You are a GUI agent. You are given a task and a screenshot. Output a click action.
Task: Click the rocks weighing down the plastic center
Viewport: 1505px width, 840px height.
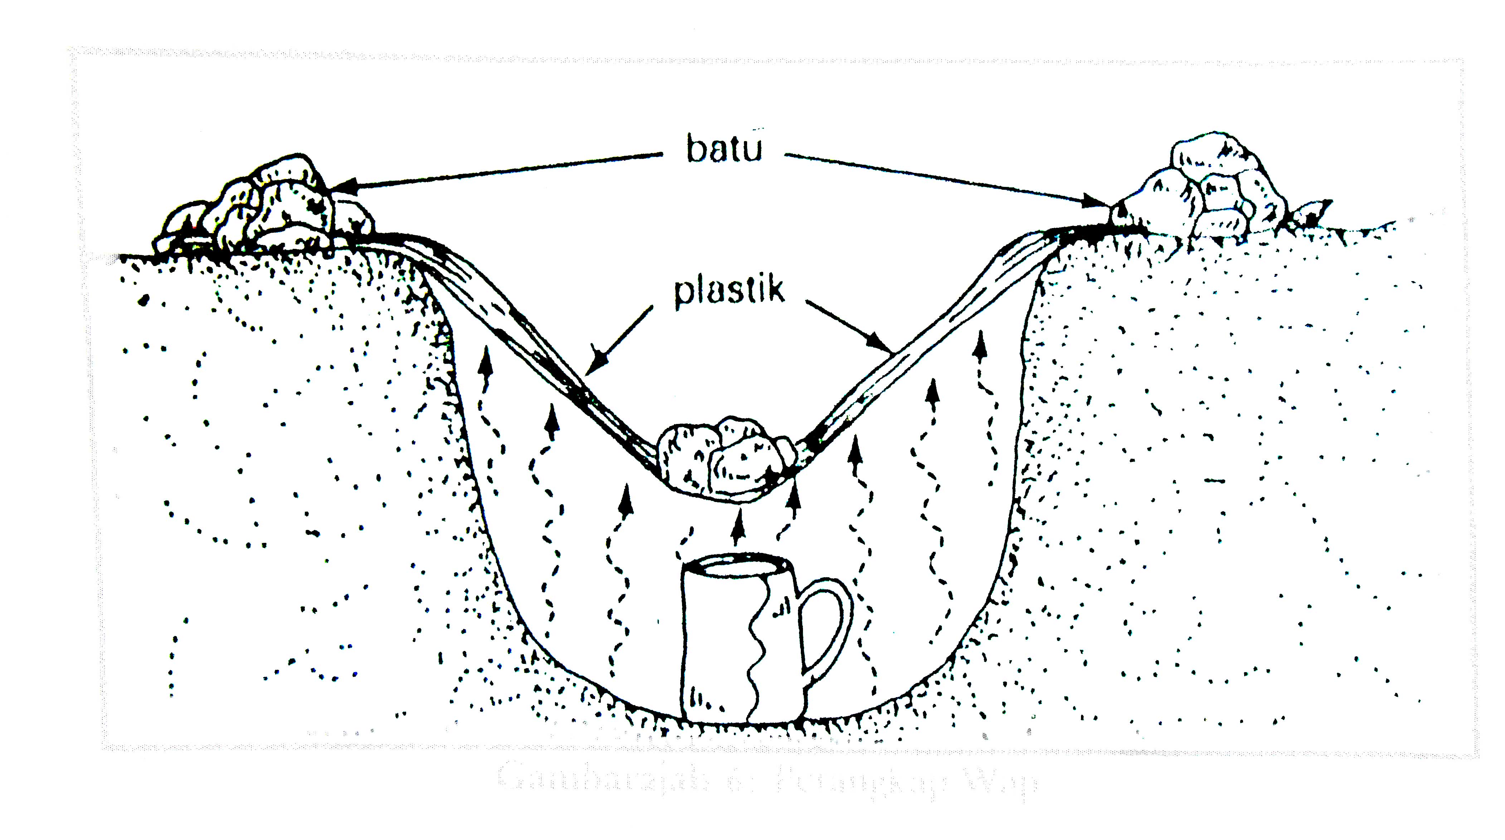click(x=725, y=459)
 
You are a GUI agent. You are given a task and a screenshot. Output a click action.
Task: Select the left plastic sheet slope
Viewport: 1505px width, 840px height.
click(x=526, y=333)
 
